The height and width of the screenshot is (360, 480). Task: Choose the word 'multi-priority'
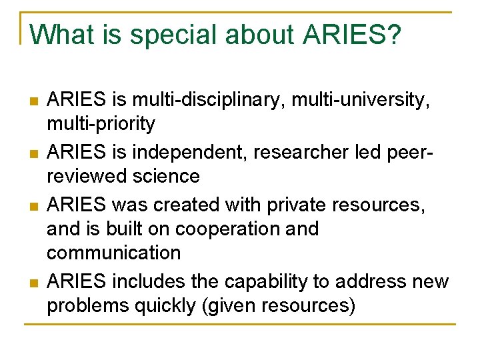[x=101, y=124]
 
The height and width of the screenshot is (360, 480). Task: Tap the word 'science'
[x=168, y=177]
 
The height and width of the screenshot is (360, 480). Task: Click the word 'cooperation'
[x=233, y=229]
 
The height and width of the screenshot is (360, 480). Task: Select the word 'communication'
[x=114, y=253]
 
